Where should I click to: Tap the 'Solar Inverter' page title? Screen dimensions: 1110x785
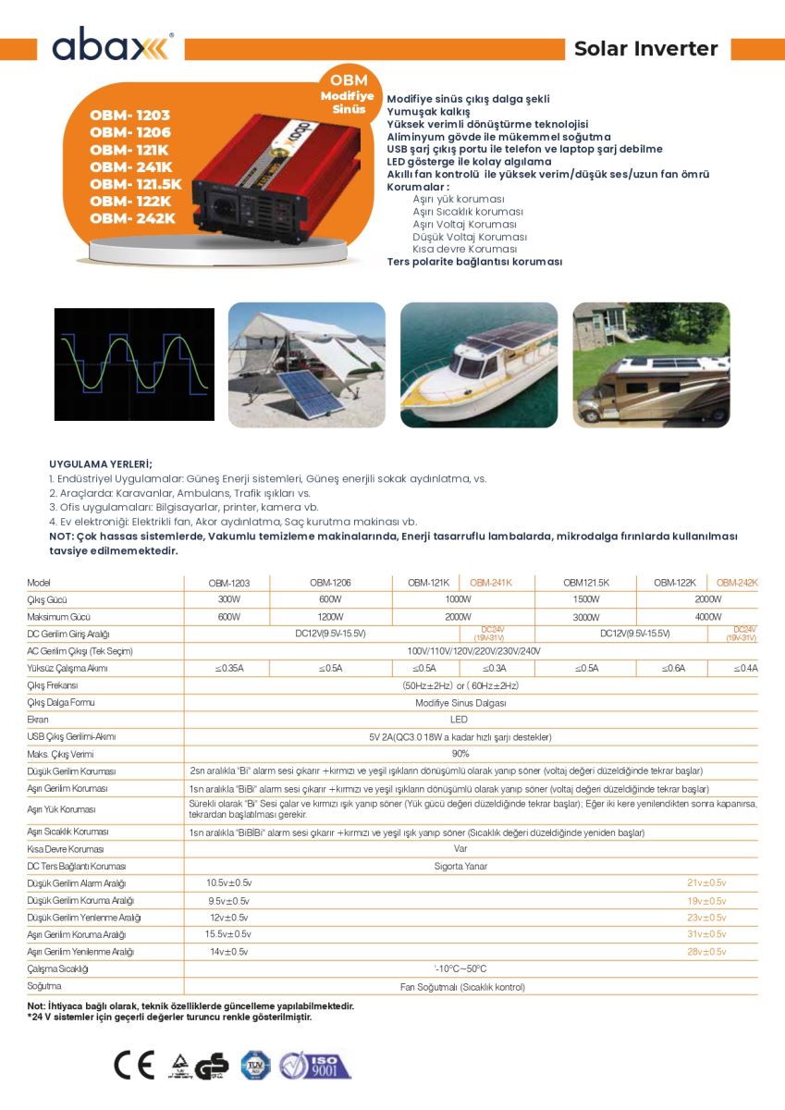pos(645,49)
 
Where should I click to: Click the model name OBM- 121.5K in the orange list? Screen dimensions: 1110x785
pos(136,184)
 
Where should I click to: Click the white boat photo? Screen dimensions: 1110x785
pos(478,364)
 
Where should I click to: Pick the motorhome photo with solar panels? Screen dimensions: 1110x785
pos(650,364)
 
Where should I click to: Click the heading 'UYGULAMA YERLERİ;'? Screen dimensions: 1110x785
pos(101,464)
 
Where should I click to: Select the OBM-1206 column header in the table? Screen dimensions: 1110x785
pos(331,583)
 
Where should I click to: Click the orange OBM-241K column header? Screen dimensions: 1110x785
pos(490,583)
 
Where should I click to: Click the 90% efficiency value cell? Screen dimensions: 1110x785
pos(460,754)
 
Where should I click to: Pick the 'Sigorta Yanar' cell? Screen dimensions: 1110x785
pos(460,867)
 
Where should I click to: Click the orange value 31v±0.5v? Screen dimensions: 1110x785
pos(705,934)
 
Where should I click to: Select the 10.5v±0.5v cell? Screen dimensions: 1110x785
pos(228,883)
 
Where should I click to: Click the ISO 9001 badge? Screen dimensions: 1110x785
pos(316,1066)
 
